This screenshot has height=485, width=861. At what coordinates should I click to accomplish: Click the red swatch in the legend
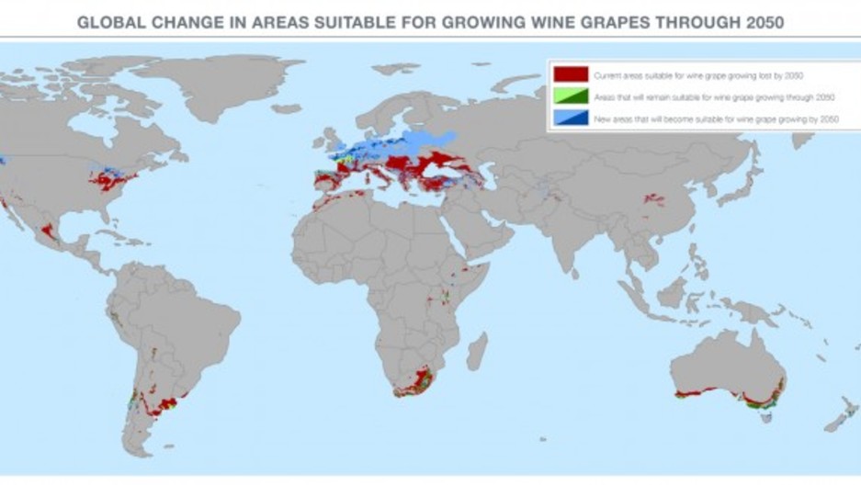coord(570,73)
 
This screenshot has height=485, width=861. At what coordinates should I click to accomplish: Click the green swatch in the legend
coord(570,96)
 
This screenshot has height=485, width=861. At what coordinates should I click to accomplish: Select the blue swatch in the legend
coord(570,118)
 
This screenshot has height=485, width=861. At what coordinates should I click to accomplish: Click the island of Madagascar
coord(476,350)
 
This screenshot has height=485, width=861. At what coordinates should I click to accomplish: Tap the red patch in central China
coord(654,198)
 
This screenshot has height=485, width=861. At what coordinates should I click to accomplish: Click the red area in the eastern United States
coord(110,182)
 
